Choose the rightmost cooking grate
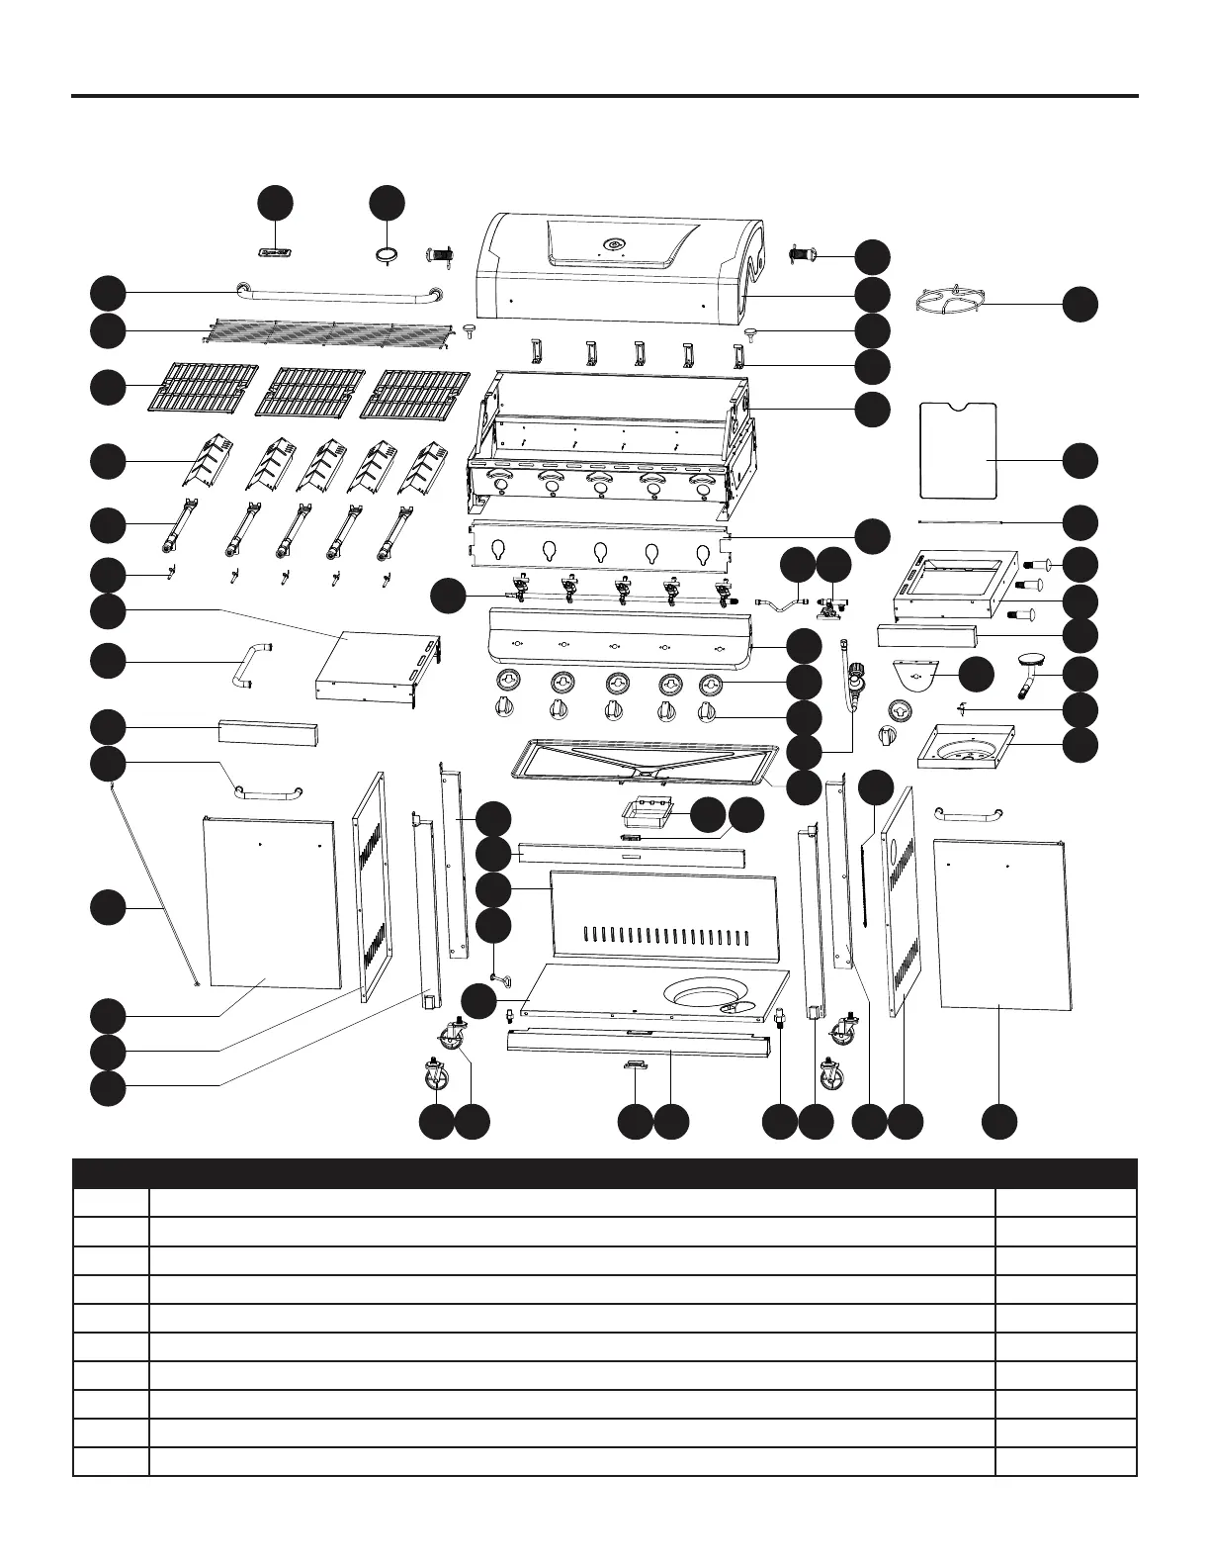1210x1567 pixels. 414,392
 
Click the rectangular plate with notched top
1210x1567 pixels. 957,449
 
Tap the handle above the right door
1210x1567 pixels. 968,813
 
